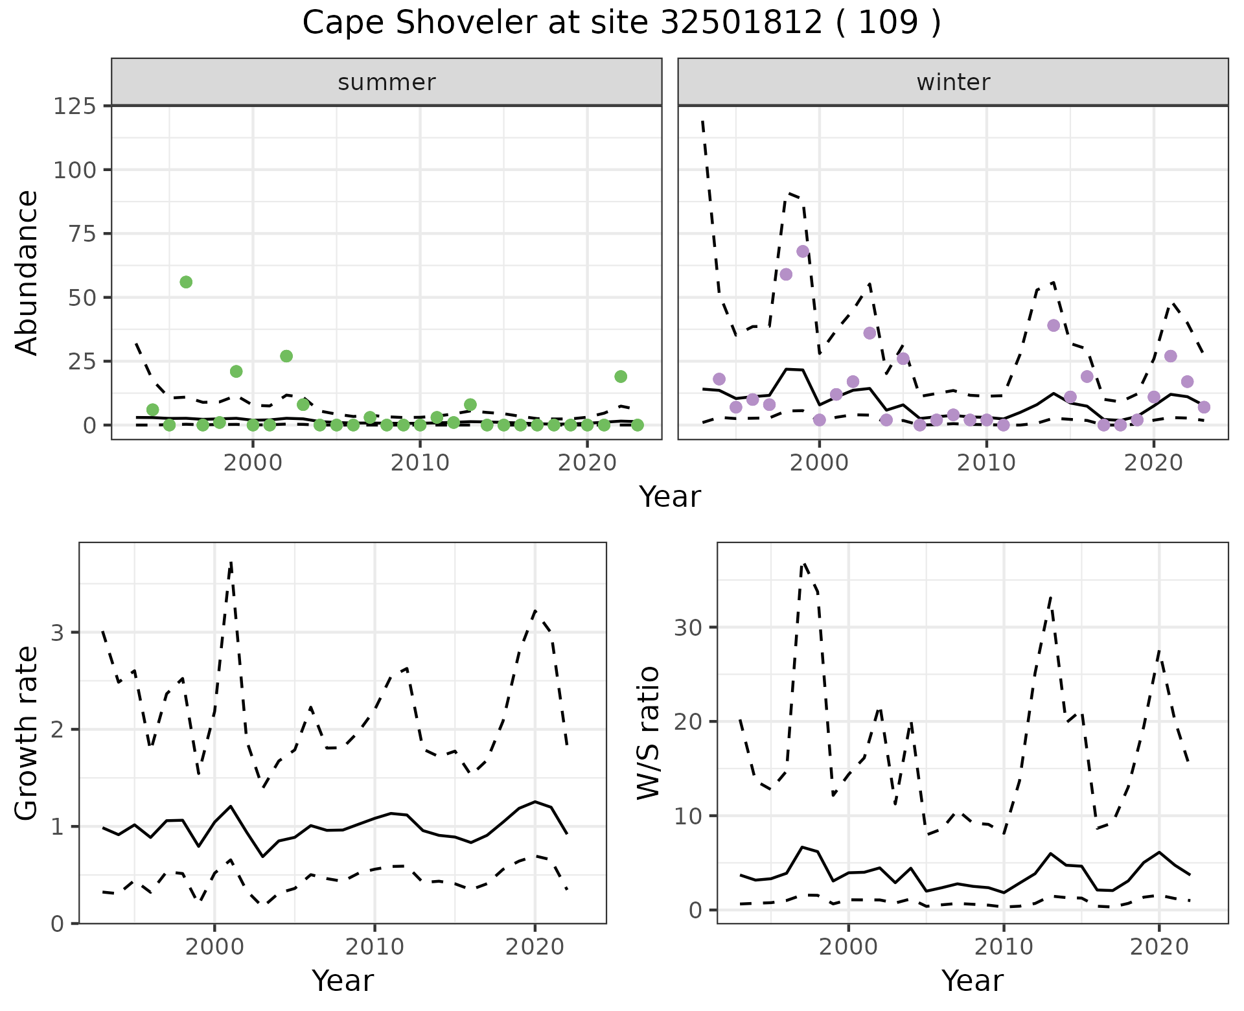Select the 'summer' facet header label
tap(387, 82)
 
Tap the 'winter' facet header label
tap(953, 82)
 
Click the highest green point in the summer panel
tap(186, 282)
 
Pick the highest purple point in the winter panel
tap(803, 251)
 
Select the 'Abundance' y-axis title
tap(27, 272)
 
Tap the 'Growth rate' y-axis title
tap(27, 733)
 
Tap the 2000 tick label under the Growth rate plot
tap(214, 947)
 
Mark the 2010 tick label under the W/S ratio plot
tap(1004, 947)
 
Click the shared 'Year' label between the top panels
tap(670, 497)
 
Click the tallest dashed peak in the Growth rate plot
tap(231, 563)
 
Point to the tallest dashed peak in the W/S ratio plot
tap(803, 564)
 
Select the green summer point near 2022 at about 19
tap(621, 377)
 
